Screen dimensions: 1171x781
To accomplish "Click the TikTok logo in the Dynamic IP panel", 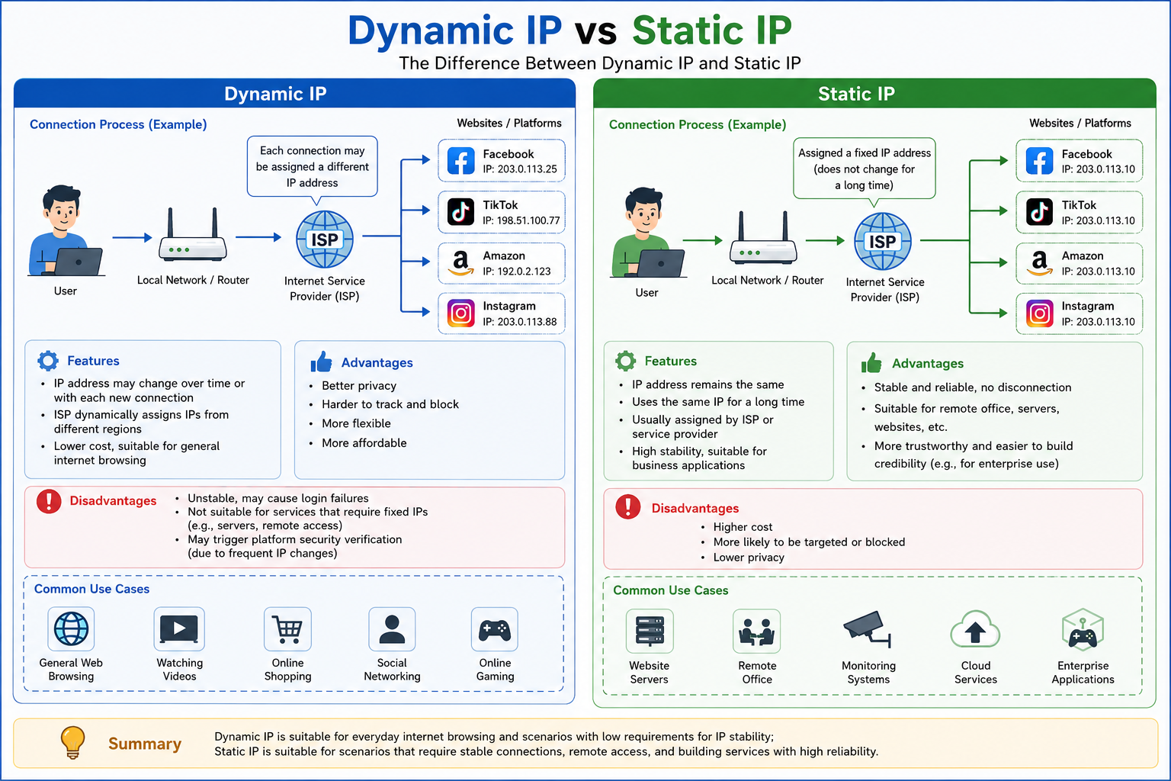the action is pos(460,211).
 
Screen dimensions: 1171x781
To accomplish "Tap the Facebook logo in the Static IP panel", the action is pos(1039,161).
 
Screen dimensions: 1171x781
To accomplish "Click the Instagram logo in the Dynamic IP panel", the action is pos(460,313).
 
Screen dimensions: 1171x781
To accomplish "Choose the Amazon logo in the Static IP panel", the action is pos(1039,262).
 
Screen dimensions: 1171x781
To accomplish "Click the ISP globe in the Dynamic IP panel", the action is pos(325,239).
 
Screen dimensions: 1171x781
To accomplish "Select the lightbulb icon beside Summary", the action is pos(72,742).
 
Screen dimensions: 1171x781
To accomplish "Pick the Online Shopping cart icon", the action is pos(287,629).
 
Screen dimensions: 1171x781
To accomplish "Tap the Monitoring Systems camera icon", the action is pos(868,629).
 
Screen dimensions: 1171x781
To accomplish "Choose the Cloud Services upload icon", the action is pos(975,629).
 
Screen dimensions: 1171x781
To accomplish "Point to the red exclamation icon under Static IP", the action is pos(628,506).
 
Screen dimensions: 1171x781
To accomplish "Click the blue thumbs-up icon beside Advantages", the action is pos(321,362).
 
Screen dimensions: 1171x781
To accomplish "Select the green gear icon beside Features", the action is pos(625,361).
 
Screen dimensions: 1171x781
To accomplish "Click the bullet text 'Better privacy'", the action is pos(359,385).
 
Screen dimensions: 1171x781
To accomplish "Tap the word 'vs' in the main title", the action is pos(596,31).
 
